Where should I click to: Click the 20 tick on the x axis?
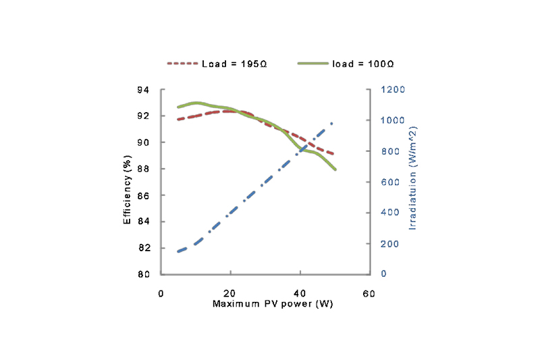click(230, 294)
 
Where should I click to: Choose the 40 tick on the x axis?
click(300, 294)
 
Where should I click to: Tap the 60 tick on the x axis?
click(369, 294)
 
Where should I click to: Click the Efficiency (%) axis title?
click(127, 182)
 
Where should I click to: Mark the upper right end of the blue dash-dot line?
click(333, 123)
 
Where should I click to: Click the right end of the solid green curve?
click(335, 169)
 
